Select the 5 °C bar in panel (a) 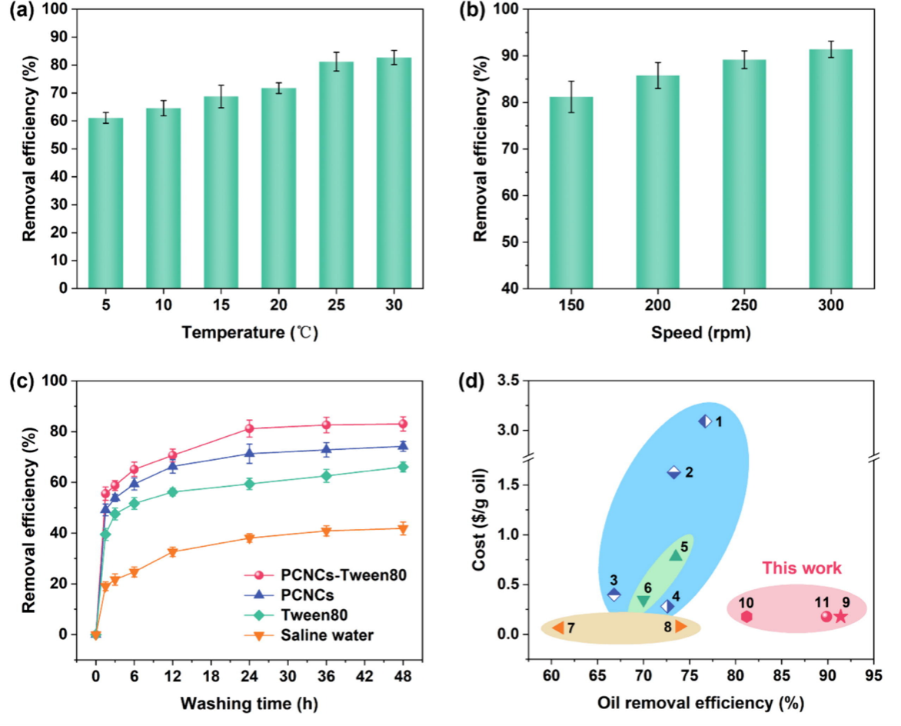(x=105, y=203)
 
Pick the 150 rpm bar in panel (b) (x=570, y=192)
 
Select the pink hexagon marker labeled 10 (x=746, y=616)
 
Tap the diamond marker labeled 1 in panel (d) (x=705, y=421)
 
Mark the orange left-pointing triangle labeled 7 (x=558, y=628)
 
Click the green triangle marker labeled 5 (x=676, y=554)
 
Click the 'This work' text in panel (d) (x=802, y=569)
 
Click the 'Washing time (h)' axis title (x=249, y=702)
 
